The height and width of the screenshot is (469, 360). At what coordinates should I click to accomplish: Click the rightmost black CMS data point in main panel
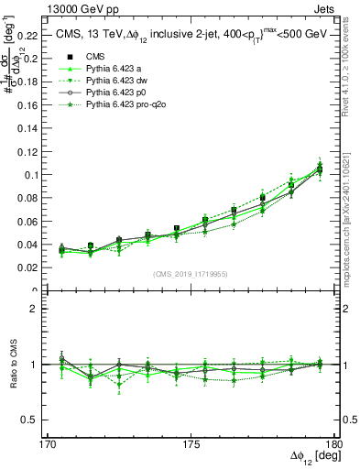click(319, 169)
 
